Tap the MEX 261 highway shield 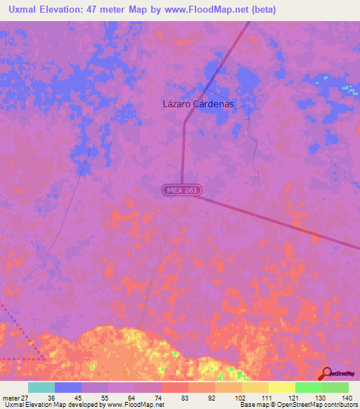point(179,190)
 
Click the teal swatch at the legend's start point(41,387)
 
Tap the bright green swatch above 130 point(308,387)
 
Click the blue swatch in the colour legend point(68,387)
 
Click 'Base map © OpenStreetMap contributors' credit point(297,405)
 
